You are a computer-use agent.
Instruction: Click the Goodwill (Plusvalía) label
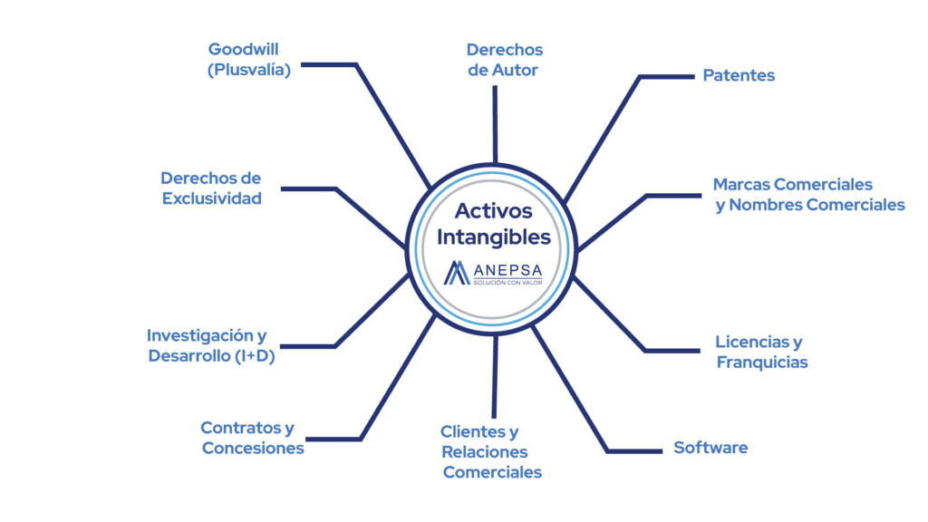pyautogui.click(x=249, y=60)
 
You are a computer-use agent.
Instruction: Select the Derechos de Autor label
pyautogui.click(x=504, y=60)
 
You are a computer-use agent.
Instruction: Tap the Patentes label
pyautogui.click(x=739, y=75)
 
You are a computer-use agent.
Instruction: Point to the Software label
pyautogui.click(x=710, y=448)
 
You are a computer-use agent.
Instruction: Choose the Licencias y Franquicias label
pyautogui.click(x=761, y=352)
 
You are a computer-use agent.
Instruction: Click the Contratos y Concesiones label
pyautogui.click(x=253, y=438)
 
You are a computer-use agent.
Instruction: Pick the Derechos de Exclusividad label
pyautogui.click(x=211, y=188)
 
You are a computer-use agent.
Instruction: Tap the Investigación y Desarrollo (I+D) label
pyautogui.click(x=211, y=345)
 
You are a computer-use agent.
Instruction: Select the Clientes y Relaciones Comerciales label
pyautogui.click(x=491, y=451)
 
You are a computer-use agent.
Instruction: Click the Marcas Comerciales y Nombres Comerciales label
pyautogui.click(x=809, y=194)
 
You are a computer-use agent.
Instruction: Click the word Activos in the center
pyautogui.click(x=494, y=210)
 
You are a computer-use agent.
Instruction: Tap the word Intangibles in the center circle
pyautogui.click(x=494, y=237)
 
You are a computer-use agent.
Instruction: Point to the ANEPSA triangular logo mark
pyautogui.click(x=457, y=273)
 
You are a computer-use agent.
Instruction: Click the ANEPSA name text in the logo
pyautogui.click(x=507, y=270)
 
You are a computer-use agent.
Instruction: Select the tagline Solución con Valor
pyautogui.click(x=507, y=283)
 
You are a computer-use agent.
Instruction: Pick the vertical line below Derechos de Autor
pyautogui.click(x=495, y=124)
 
